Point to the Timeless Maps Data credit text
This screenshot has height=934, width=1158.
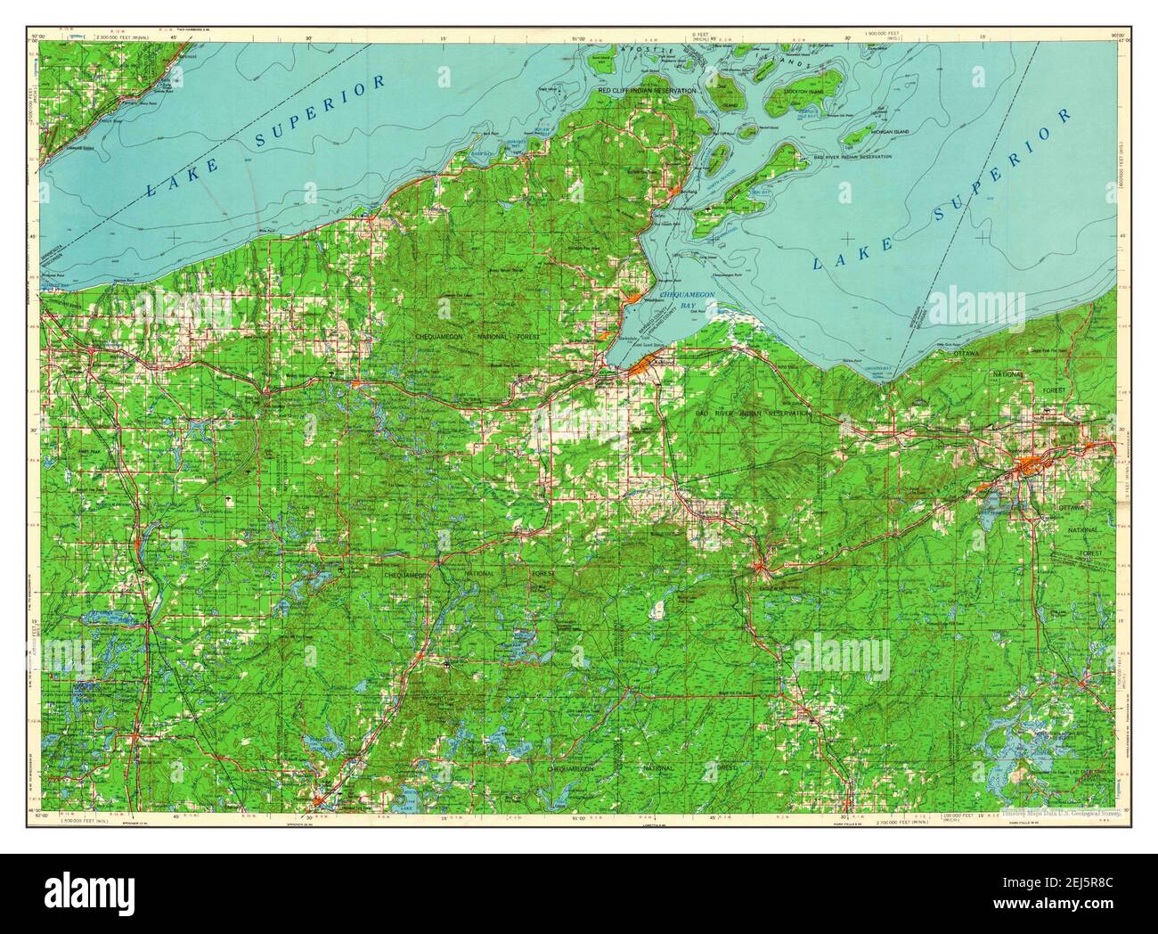[1060, 813]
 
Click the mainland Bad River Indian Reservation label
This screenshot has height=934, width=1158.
[754, 414]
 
